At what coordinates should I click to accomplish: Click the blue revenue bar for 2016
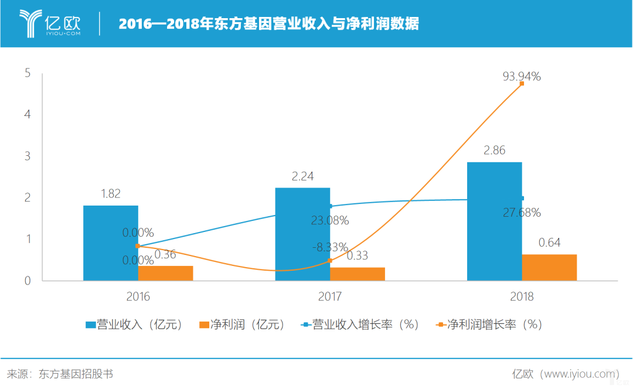coord(111,243)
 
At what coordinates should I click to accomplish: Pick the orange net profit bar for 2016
coord(166,274)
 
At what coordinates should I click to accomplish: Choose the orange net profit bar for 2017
coord(358,274)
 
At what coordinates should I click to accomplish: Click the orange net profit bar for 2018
coord(549,268)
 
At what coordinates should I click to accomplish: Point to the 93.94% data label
coord(522,76)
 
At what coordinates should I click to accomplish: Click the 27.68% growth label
coord(522,212)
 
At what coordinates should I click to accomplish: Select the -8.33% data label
coord(330,247)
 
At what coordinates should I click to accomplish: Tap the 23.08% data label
coord(330,220)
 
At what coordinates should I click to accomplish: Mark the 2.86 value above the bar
coord(494,151)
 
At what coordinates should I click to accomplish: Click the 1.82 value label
coord(111,194)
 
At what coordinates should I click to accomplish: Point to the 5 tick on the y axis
coord(28,73)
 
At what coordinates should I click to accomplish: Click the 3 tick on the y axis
coord(28,156)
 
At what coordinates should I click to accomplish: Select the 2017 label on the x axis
coord(330,296)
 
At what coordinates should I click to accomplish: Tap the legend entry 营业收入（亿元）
coord(134,325)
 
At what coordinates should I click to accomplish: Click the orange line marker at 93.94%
coord(522,84)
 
